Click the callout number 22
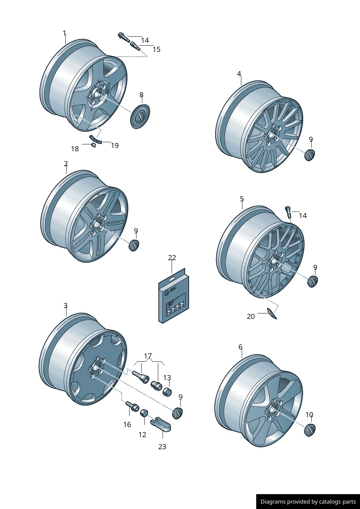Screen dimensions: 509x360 pyautogui.click(x=172, y=258)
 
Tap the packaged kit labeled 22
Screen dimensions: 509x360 pyautogui.click(x=173, y=297)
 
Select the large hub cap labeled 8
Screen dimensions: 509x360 pyautogui.click(x=140, y=116)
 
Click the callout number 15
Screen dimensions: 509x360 pyautogui.click(x=156, y=49)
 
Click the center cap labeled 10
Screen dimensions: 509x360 pyautogui.click(x=310, y=430)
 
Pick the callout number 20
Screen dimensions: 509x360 pyautogui.click(x=251, y=316)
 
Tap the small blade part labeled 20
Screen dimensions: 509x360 pyautogui.click(x=272, y=313)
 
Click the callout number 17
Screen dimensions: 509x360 pyautogui.click(x=148, y=356)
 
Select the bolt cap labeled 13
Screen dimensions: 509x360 pyautogui.click(x=167, y=392)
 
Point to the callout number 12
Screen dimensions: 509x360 pyautogui.click(x=142, y=435)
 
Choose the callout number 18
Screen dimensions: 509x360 pyautogui.click(x=75, y=149)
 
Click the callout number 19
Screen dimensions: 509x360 pyautogui.click(x=115, y=145)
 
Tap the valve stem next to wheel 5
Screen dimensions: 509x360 pyautogui.click(x=289, y=212)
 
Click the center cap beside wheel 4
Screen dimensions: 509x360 pyautogui.click(x=310, y=155)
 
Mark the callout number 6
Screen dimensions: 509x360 pyautogui.click(x=240, y=347)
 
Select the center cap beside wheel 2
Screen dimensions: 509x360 pyautogui.click(x=134, y=245)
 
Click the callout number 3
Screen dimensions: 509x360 pyautogui.click(x=65, y=305)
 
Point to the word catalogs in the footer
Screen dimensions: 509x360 pyautogui.click(x=330, y=502)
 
